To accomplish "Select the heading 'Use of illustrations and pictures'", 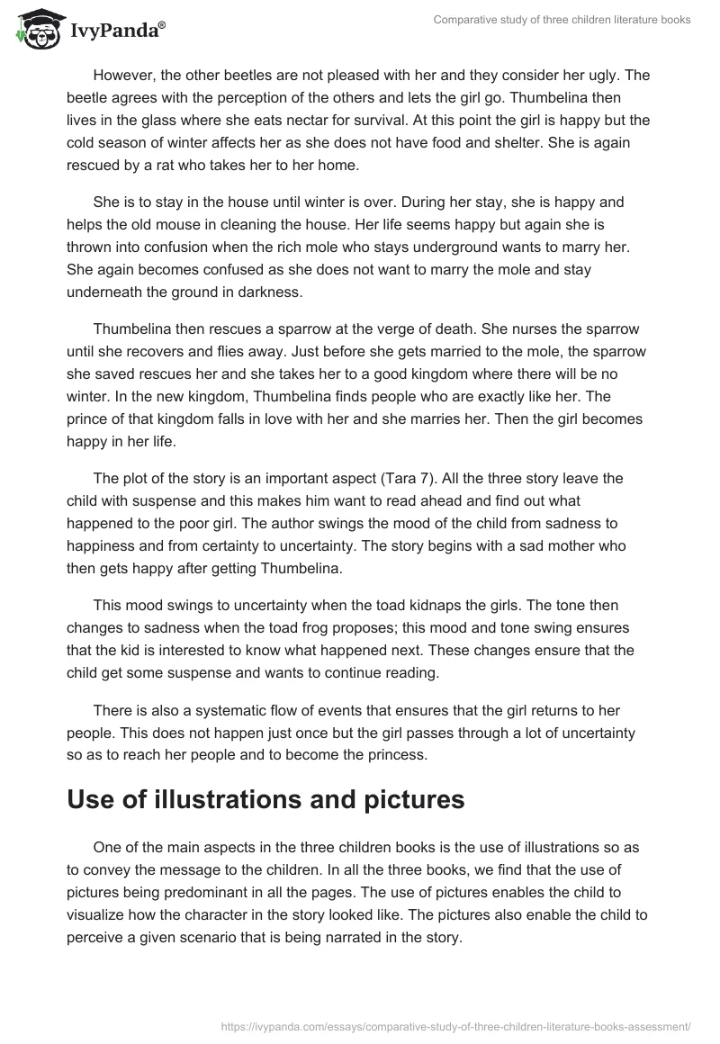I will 265,799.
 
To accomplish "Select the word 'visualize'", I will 101,914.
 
